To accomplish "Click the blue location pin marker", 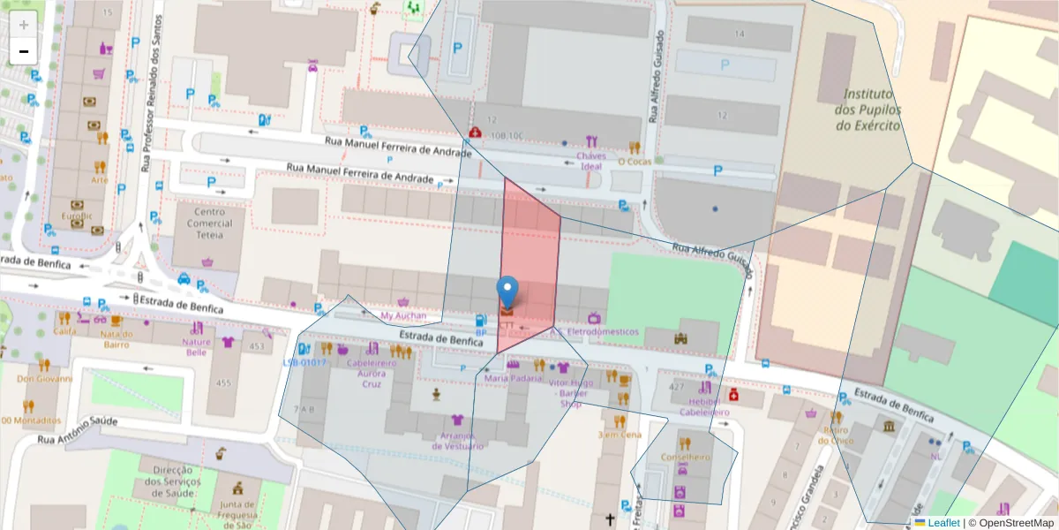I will tap(507, 291).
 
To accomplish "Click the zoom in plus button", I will tap(24, 24).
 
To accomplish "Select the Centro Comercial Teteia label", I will tap(210, 223).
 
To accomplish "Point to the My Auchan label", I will tap(403, 315).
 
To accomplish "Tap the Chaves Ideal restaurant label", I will tap(590, 162).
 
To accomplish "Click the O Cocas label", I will tap(634, 162).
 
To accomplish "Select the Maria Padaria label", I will tap(513, 378).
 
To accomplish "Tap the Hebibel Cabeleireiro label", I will tap(704, 406).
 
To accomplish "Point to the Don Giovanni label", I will tap(43, 380).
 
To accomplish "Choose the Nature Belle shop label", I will tap(196, 346).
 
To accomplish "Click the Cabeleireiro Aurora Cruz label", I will tap(371, 373).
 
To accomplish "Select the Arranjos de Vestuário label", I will tap(458, 441).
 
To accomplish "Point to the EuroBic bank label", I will tap(76, 216).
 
